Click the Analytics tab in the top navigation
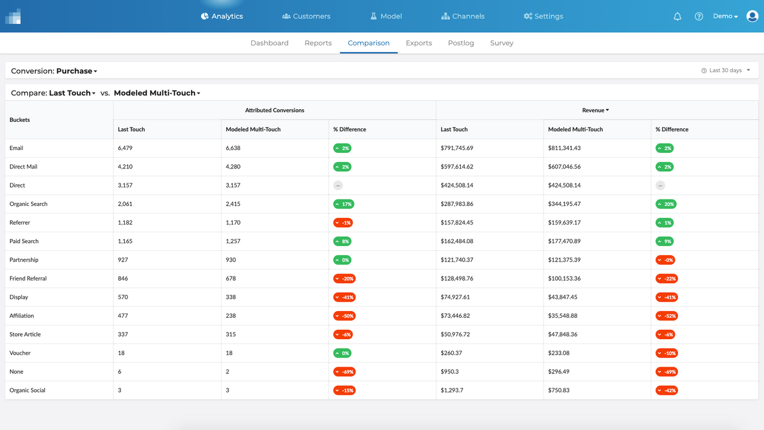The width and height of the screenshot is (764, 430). [222, 16]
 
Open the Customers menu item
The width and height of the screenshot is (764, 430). [306, 16]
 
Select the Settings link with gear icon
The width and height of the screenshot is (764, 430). [543, 16]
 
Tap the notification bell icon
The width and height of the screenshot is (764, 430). [677, 17]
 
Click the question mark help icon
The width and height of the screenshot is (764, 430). [699, 17]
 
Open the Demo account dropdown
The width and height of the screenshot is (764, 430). [725, 16]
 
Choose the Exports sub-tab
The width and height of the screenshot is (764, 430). [418, 43]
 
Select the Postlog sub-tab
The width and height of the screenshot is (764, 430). [461, 43]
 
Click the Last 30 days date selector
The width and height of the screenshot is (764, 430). [726, 70]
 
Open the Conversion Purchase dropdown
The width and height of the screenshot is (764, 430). [54, 71]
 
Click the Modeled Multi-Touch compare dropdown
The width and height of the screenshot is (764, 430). [157, 93]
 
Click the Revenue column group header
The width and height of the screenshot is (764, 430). [596, 110]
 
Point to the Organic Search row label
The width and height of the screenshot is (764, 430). [28, 204]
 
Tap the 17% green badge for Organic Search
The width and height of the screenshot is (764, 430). [343, 204]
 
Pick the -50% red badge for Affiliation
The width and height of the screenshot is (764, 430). [344, 316]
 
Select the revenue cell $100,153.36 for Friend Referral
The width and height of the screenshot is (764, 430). [564, 278]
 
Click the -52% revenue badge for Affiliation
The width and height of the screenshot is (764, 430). [667, 316]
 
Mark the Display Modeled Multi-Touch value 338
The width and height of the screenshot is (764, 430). [232, 297]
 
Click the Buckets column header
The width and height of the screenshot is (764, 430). [20, 120]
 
